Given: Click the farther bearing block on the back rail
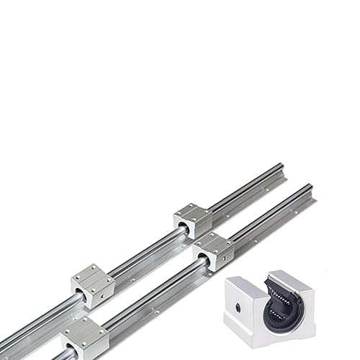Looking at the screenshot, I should [192, 220].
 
